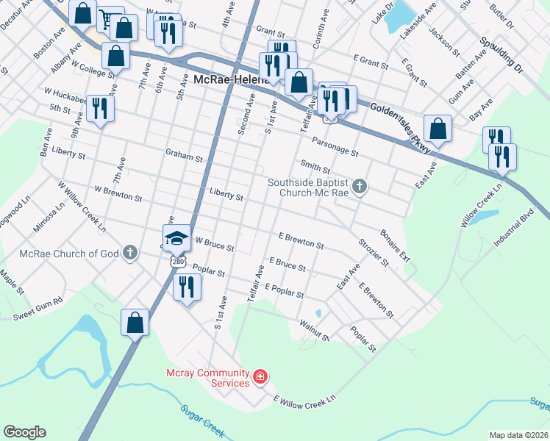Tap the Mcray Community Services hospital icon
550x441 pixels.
[x=260, y=378]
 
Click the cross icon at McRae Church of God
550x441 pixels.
[x=130, y=254]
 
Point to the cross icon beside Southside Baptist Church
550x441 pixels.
[x=360, y=187]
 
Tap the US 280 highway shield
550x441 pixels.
[x=177, y=260]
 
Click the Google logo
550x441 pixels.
[x=24, y=432]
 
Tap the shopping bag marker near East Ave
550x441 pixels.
[x=438, y=129]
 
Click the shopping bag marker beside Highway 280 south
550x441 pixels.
[x=135, y=322]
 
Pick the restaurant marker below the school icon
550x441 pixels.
[x=186, y=287]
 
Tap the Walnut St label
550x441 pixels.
[x=315, y=329]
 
